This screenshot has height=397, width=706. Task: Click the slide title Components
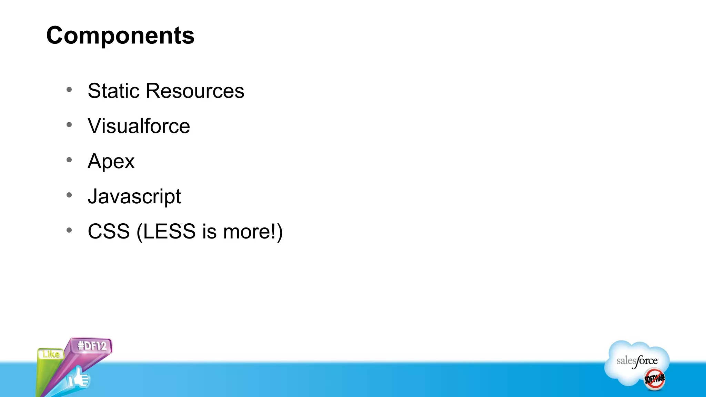[x=120, y=35]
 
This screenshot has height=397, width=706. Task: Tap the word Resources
[x=195, y=91]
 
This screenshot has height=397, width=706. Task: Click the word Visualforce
[x=139, y=126]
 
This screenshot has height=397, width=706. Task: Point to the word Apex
[x=111, y=162]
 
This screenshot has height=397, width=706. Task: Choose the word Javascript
[x=134, y=197]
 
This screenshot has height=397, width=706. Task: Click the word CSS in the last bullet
[x=109, y=231]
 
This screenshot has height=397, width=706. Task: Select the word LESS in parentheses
[x=169, y=231]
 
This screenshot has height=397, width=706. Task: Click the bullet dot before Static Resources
[x=69, y=90]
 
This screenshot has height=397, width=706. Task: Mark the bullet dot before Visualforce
[x=69, y=125]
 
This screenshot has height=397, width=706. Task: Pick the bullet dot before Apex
[x=69, y=160]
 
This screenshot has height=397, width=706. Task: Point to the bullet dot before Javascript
[x=69, y=195]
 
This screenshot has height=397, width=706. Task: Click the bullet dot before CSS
[x=69, y=230]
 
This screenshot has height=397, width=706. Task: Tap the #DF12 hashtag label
[x=92, y=346]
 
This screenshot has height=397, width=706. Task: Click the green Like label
[x=51, y=354]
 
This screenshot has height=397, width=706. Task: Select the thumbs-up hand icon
[x=79, y=378]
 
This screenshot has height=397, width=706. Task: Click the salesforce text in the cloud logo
[x=637, y=361]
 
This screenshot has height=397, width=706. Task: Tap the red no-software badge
[x=655, y=379]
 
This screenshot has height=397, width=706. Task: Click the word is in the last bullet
[x=209, y=231]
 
